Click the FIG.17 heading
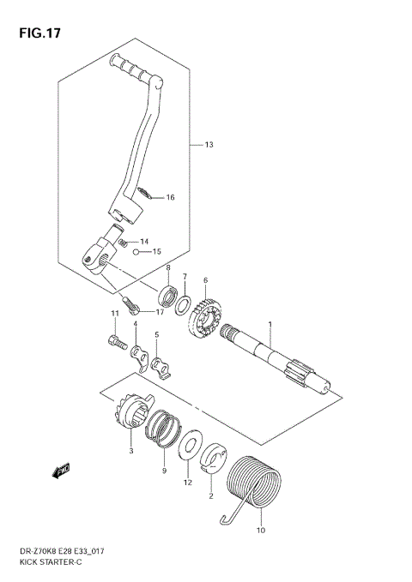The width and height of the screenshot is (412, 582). point(39,33)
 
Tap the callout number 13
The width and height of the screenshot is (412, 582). point(209,144)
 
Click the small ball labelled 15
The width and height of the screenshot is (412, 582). point(136,252)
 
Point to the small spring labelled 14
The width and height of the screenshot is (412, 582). point(124,243)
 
